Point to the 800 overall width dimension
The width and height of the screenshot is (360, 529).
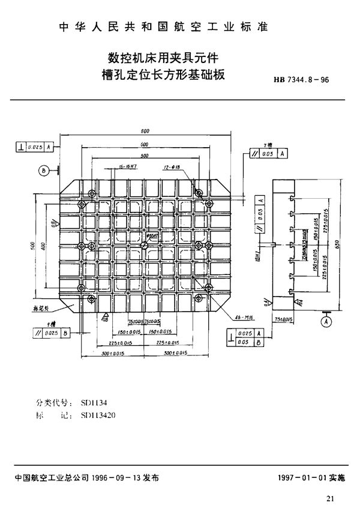(145, 131)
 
